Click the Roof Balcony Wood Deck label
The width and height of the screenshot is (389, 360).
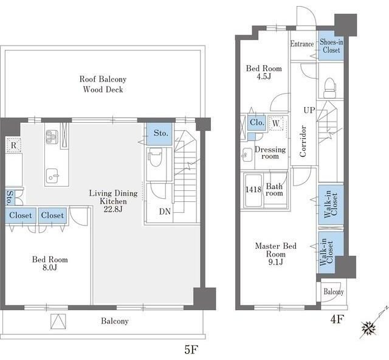pyautogui.click(x=103, y=84)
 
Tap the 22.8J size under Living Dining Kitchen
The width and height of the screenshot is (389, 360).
pyautogui.click(x=113, y=209)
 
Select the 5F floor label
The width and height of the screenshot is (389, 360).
pyautogui.click(x=191, y=350)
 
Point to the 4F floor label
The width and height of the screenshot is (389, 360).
pyautogui.click(x=337, y=319)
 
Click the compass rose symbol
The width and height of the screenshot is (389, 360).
pyautogui.click(x=368, y=328)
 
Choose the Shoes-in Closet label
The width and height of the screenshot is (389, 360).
pyautogui.click(x=331, y=46)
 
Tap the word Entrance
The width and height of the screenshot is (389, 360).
pyautogui.click(x=302, y=44)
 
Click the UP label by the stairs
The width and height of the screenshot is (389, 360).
pyautogui.click(x=309, y=110)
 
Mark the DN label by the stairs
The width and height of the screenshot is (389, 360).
pyautogui.click(x=165, y=212)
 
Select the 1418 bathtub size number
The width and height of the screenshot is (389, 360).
pyautogui.click(x=253, y=190)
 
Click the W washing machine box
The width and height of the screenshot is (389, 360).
pyautogui.click(x=276, y=123)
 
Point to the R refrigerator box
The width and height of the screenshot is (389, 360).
pyautogui.click(x=13, y=145)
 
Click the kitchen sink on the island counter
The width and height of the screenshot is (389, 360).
pyautogui.click(x=52, y=176)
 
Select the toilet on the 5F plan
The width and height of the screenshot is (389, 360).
pyautogui.click(x=155, y=158)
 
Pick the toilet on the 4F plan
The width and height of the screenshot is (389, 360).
pyautogui.click(x=330, y=88)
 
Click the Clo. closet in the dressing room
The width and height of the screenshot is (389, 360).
pyautogui.click(x=256, y=122)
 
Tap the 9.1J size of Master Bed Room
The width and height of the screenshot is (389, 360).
pyautogui.click(x=275, y=262)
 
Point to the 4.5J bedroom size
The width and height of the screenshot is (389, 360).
pyautogui.click(x=264, y=77)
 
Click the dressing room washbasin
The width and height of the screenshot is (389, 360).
pyautogui.click(x=247, y=155)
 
